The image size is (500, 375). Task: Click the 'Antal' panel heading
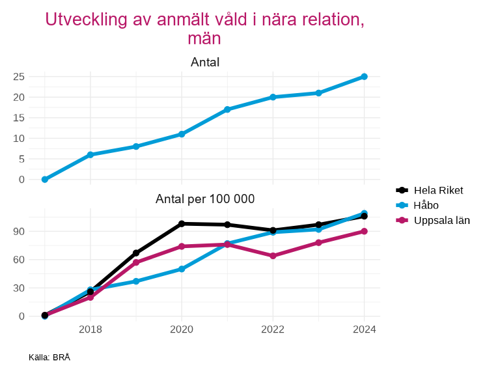click(204, 62)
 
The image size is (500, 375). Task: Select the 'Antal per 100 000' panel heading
click(204, 199)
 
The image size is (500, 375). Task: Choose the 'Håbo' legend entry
click(426, 205)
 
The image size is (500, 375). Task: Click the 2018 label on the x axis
click(90, 329)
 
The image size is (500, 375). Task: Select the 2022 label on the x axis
click(273, 329)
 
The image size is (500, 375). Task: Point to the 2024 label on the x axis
click(364, 329)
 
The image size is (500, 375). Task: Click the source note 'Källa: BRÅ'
click(49, 357)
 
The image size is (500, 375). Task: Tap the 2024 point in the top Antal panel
click(364, 77)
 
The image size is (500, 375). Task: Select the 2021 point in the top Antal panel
click(227, 109)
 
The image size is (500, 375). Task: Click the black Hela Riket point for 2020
click(182, 223)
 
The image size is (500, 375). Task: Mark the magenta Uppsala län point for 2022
click(273, 256)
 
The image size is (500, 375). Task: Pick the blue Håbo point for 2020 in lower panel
click(182, 269)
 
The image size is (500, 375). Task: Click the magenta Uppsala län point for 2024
click(364, 231)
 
